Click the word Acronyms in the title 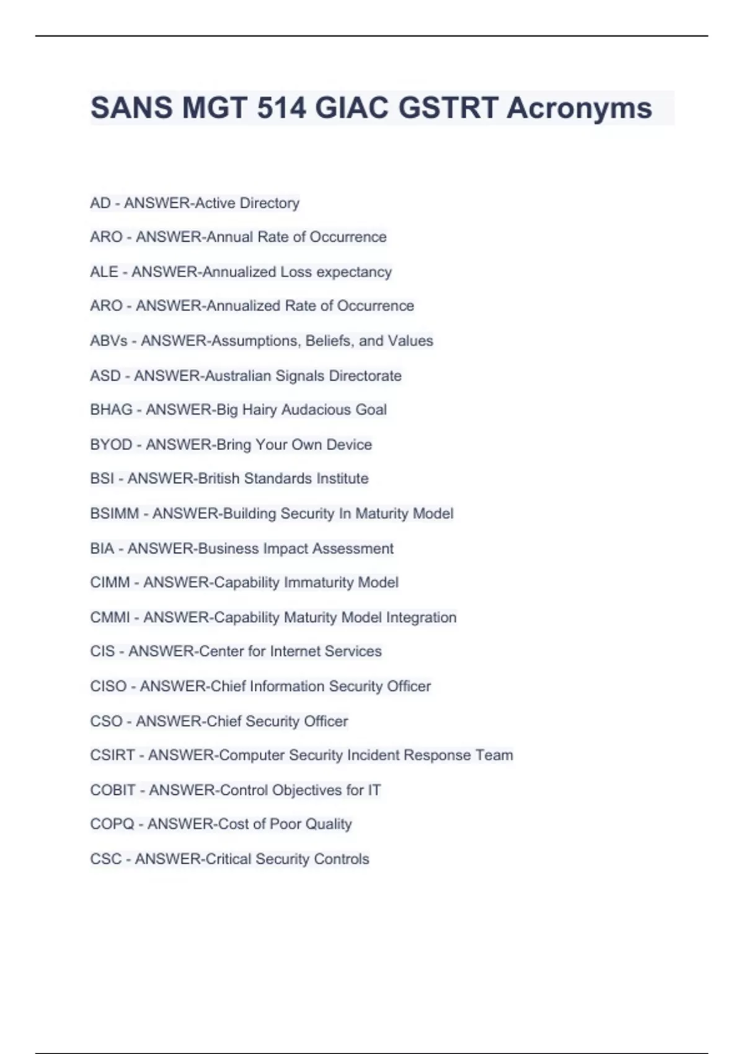579,108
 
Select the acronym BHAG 111,410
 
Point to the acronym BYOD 111,445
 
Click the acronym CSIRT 112,755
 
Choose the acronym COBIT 112,790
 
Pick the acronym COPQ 112,824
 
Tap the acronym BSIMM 114,513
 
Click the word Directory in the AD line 270,203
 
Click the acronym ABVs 108,341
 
